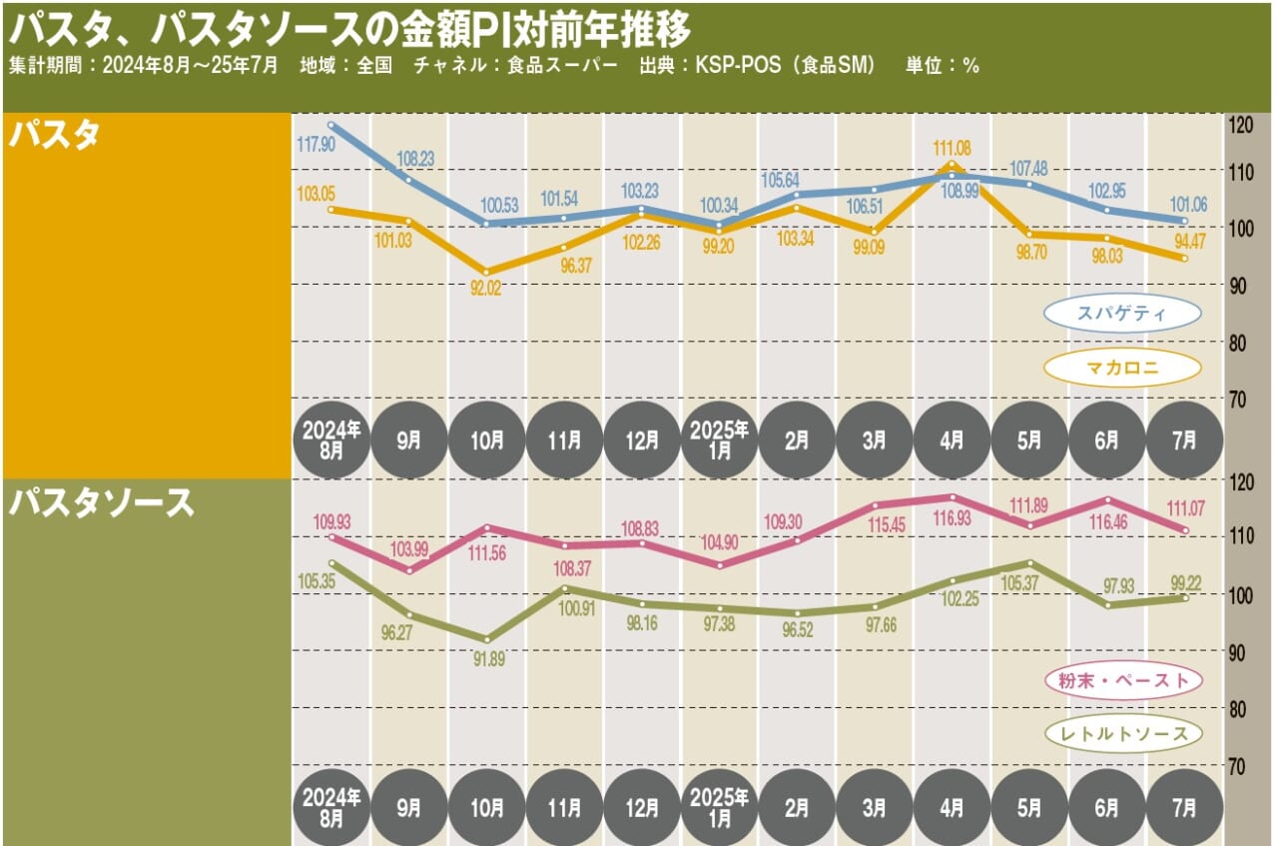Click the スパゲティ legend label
point(1122,314)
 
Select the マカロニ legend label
point(1122,369)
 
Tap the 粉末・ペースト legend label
point(1123,681)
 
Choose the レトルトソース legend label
point(1123,735)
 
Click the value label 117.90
point(317,146)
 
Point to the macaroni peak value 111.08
point(951,148)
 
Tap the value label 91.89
point(486,660)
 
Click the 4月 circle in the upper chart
point(953,440)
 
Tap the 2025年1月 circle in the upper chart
point(719,440)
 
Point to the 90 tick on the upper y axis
point(1239,286)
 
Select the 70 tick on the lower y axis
point(1239,765)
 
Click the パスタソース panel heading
point(100,503)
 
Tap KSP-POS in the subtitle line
point(734,66)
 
